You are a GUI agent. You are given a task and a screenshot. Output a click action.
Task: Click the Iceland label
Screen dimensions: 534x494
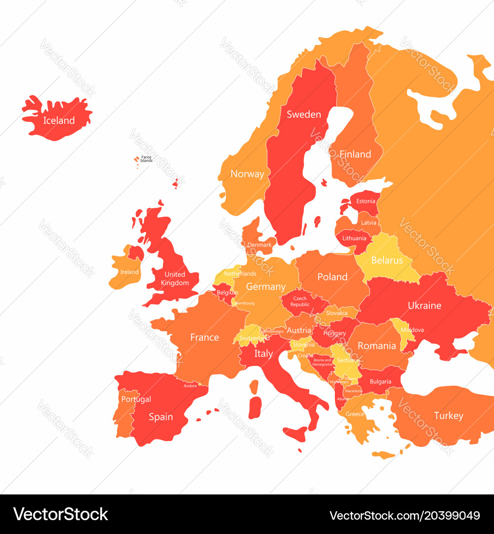pyautogui.click(x=59, y=121)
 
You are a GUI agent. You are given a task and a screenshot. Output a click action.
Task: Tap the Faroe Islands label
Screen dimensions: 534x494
pyautogui.click(x=146, y=159)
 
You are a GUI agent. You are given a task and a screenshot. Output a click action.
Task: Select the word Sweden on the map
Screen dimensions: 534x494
pyautogui.click(x=304, y=114)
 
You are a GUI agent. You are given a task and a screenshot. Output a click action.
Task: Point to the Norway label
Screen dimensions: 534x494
pyautogui.click(x=247, y=174)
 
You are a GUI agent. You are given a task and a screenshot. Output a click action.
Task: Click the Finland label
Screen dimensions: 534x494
pyautogui.click(x=355, y=154)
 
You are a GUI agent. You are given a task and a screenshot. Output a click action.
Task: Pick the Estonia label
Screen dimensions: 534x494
pyautogui.click(x=366, y=201)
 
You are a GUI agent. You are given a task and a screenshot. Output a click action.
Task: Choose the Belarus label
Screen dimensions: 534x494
pyautogui.click(x=387, y=260)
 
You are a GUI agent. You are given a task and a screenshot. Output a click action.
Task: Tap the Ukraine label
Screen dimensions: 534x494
pyautogui.click(x=424, y=306)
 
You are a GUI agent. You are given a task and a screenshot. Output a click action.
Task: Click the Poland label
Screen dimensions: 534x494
pyautogui.click(x=332, y=277)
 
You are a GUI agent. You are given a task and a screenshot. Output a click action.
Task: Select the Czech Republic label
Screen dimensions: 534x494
pyautogui.click(x=299, y=302)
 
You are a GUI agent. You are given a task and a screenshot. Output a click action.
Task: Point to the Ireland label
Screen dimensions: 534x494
pyautogui.click(x=129, y=272)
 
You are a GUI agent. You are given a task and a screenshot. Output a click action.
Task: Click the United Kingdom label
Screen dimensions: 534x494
pyautogui.click(x=174, y=279)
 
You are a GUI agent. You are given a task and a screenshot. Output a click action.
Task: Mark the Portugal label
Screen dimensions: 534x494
pyautogui.click(x=136, y=399)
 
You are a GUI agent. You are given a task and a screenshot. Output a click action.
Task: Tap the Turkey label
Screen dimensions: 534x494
pyautogui.click(x=449, y=416)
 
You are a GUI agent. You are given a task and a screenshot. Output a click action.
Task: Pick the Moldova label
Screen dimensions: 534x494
pyautogui.click(x=412, y=330)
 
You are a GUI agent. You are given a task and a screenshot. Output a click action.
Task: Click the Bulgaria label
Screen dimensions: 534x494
pyautogui.click(x=380, y=381)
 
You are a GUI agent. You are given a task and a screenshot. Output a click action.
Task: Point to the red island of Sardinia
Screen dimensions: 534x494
pyautogui.click(x=254, y=406)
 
